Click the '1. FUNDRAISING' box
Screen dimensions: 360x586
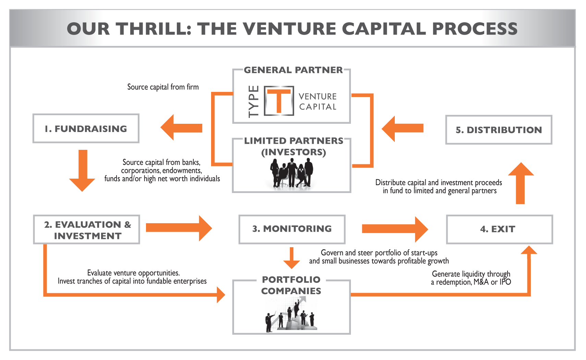click(x=86, y=129)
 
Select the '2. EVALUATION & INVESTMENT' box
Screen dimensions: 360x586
click(x=87, y=230)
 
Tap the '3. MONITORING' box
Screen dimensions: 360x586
click(x=292, y=229)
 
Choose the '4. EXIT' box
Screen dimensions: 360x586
click(x=499, y=229)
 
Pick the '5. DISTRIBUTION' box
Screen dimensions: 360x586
click(x=499, y=130)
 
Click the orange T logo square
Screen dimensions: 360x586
click(x=279, y=100)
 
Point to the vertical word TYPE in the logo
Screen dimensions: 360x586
click(x=254, y=101)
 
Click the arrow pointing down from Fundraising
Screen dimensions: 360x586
click(x=82, y=170)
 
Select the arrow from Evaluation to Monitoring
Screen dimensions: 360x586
click(x=179, y=228)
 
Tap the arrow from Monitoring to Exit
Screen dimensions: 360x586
click(x=394, y=229)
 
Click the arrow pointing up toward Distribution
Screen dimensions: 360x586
click(x=521, y=183)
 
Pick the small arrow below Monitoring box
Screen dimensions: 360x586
click(x=292, y=258)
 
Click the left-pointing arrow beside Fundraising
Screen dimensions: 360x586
click(x=181, y=128)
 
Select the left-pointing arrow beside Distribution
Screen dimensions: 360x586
click(x=402, y=129)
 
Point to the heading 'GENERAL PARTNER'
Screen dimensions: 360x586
click(x=293, y=70)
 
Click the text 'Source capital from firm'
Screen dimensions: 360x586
click(x=163, y=87)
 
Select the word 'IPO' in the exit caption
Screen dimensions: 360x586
click(x=505, y=282)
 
